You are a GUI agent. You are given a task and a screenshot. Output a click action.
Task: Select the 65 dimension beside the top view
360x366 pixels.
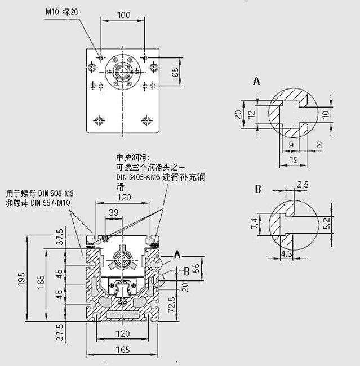point(175,72)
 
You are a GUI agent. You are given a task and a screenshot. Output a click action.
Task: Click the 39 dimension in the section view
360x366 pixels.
point(113,212)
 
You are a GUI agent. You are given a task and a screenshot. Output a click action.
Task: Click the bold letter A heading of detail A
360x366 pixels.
point(257,82)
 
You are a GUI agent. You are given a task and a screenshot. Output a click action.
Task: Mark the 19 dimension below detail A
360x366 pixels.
point(294,160)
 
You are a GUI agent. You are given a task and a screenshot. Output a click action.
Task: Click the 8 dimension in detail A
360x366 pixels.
point(319,145)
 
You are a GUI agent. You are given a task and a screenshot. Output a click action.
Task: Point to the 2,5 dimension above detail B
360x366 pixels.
point(303,184)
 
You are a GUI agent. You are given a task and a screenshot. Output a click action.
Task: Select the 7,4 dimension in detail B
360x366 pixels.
point(254,224)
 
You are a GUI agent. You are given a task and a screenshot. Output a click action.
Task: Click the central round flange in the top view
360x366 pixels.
point(122,71)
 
